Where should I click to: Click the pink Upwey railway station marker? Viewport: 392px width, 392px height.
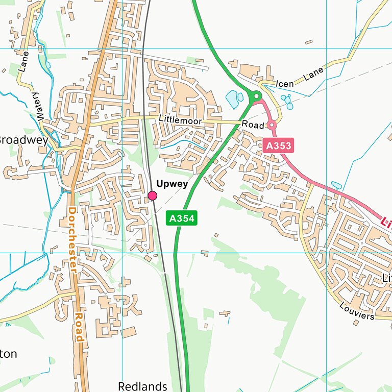[x=152, y=195]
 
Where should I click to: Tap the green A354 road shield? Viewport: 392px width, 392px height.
[x=181, y=218]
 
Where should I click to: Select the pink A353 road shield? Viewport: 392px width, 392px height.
[x=279, y=146]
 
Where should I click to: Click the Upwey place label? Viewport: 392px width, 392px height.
[x=172, y=184]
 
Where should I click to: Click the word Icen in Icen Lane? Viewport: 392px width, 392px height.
[x=285, y=83]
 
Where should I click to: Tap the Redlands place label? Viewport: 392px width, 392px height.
[x=142, y=386]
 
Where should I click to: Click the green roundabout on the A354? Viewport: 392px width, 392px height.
[x=256, y=95]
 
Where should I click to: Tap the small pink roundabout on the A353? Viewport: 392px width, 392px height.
[x=272, y=125]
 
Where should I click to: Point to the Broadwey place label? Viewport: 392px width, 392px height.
[x=23, y=140]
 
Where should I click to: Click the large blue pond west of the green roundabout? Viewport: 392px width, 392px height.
[x=233, y=99]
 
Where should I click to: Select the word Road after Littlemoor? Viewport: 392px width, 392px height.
[x=253, y=125]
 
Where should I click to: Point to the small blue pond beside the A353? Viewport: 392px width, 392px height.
[x=336, y=185]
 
